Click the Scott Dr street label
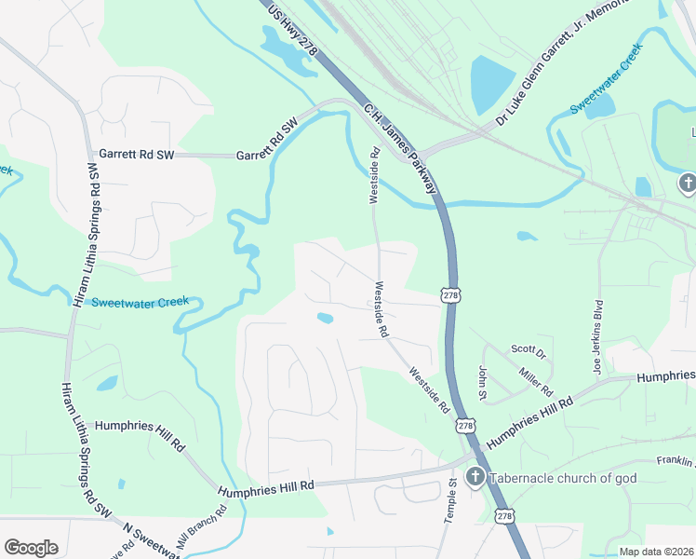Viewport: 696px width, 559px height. coord(528,351)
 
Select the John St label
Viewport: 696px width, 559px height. coord(482,384)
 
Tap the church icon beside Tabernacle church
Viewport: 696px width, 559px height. coord(475,479)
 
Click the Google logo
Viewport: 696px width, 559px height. coord(31,548)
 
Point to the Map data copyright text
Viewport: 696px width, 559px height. coord(656,552)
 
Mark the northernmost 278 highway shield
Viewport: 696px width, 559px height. coord(450,295)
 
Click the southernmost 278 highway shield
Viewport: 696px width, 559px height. coord(503,515)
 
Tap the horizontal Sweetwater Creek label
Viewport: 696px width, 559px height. coord(140,302)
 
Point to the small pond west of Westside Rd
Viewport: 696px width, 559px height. coord(325,319)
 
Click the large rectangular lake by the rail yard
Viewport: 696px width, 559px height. coord(493,84)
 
